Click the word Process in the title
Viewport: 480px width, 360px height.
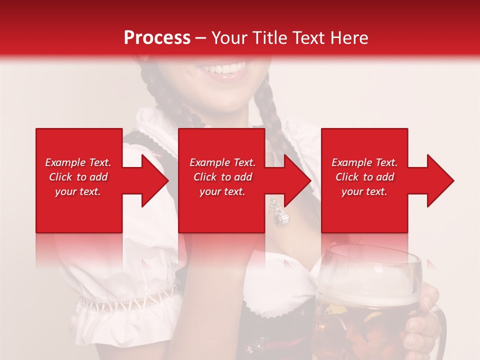click(157, 37)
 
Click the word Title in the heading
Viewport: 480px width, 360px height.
click(268, 37)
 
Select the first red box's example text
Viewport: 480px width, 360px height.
click(78, 177)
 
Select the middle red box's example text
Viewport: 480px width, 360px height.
click(222, 177)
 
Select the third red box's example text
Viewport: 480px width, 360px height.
click(364, 177)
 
